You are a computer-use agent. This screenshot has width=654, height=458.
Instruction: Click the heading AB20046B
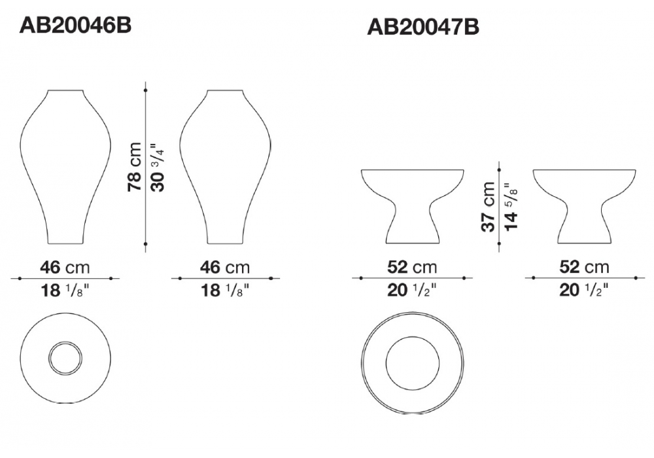click(x=75, y=25)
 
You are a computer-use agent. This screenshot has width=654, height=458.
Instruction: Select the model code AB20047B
click(x=423, y=27)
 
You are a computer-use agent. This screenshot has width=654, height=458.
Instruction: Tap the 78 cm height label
click(x=135, y=167)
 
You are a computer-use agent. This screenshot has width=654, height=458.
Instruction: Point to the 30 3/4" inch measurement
click(x=158, y=167)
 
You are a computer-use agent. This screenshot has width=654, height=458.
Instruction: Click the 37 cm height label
click(x=488, y=207)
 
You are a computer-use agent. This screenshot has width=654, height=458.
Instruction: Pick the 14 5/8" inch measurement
click(x=511, y=206)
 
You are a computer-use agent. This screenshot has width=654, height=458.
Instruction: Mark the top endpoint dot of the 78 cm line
click(x=145, y=90)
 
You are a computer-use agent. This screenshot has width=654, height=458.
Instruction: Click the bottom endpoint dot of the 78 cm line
click(x=145, y=243)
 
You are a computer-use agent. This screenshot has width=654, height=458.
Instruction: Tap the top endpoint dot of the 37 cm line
click(x=499, y=169)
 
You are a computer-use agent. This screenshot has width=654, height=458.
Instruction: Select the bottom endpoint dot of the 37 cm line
click(x=499, y=243)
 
